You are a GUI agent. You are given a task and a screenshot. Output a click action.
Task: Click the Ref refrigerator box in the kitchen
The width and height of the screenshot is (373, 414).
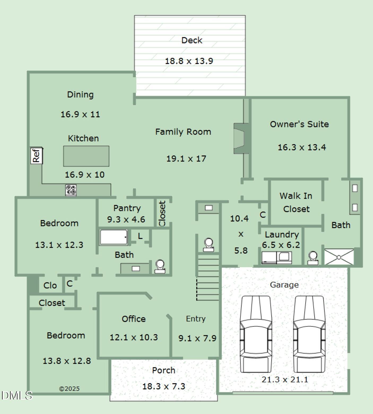pos(36,155)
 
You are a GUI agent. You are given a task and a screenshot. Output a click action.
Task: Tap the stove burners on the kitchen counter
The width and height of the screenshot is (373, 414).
pos(71,190)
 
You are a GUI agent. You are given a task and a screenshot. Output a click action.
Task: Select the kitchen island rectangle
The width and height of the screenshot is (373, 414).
pos(86,156)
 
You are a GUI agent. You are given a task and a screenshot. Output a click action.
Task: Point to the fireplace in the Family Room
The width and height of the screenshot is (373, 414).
pos(240,138)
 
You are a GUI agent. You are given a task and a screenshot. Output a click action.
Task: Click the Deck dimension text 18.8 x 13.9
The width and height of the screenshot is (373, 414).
pos(189,61)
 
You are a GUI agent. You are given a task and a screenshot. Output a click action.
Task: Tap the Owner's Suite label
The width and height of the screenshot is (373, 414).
pos(299,124)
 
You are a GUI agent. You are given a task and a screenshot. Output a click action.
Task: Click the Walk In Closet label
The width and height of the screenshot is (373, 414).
pos(296,202)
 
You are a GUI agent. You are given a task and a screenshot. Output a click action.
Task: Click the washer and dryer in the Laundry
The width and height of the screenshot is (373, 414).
pos(277,258)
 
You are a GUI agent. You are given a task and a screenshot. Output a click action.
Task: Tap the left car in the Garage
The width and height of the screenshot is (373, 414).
pos(256,334)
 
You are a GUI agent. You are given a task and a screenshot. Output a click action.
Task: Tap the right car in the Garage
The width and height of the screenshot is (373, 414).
pos(309,334)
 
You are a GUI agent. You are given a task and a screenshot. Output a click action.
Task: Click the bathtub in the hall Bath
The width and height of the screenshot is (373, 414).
pos(114,237)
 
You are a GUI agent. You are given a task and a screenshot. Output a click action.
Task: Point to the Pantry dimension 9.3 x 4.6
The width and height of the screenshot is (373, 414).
pos(126,220)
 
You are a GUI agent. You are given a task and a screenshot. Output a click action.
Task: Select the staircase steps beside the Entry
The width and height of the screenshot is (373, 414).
pos(208,277)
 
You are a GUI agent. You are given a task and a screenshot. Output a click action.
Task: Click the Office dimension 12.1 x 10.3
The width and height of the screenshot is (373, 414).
pos(134,337)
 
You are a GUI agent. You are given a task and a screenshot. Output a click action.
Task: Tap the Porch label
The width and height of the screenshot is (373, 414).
pos(163,370)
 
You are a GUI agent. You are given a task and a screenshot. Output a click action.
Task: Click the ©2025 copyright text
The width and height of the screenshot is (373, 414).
pos(69,389)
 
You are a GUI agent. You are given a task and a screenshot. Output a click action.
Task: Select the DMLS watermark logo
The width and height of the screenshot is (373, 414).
pos(16,395)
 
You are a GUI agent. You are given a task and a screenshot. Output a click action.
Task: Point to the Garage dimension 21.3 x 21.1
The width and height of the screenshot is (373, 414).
pos(285,380)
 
